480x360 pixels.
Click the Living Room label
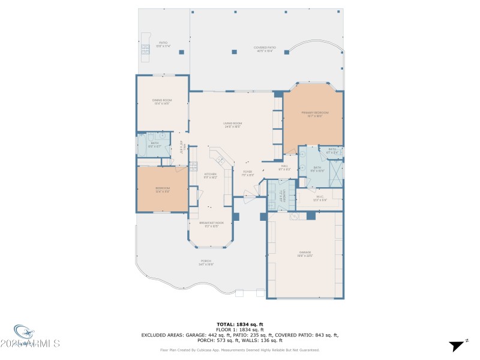pos(233,125)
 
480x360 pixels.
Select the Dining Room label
pos(162,101)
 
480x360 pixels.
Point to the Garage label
pos(305,253)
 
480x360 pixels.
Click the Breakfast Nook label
pos(211,223)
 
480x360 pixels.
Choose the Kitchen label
pos(210,175)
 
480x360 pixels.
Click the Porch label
pos(206,262)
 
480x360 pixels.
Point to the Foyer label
pos(247,173)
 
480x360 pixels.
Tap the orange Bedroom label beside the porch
pos(163,190)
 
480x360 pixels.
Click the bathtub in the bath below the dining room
pos(143,145)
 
